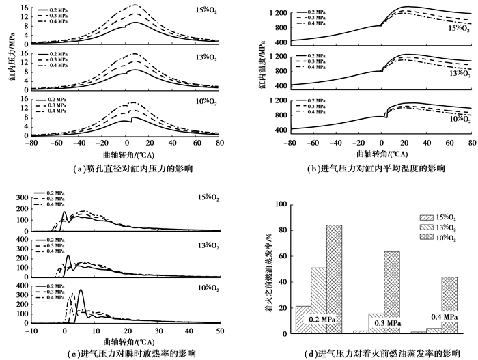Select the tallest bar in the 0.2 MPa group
pos(334,280)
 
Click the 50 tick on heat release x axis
pos(220,331)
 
